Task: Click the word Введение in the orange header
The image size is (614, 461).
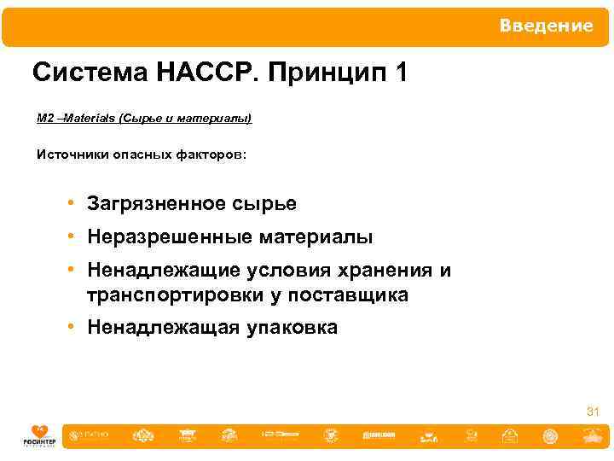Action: (x=546, y=26)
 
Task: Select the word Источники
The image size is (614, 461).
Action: (x=72, y=155)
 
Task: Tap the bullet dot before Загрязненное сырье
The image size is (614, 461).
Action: (x=75, y=203)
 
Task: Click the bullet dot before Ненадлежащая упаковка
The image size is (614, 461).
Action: (x=75, y=328)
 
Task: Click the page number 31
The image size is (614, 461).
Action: (x=592, y=412)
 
